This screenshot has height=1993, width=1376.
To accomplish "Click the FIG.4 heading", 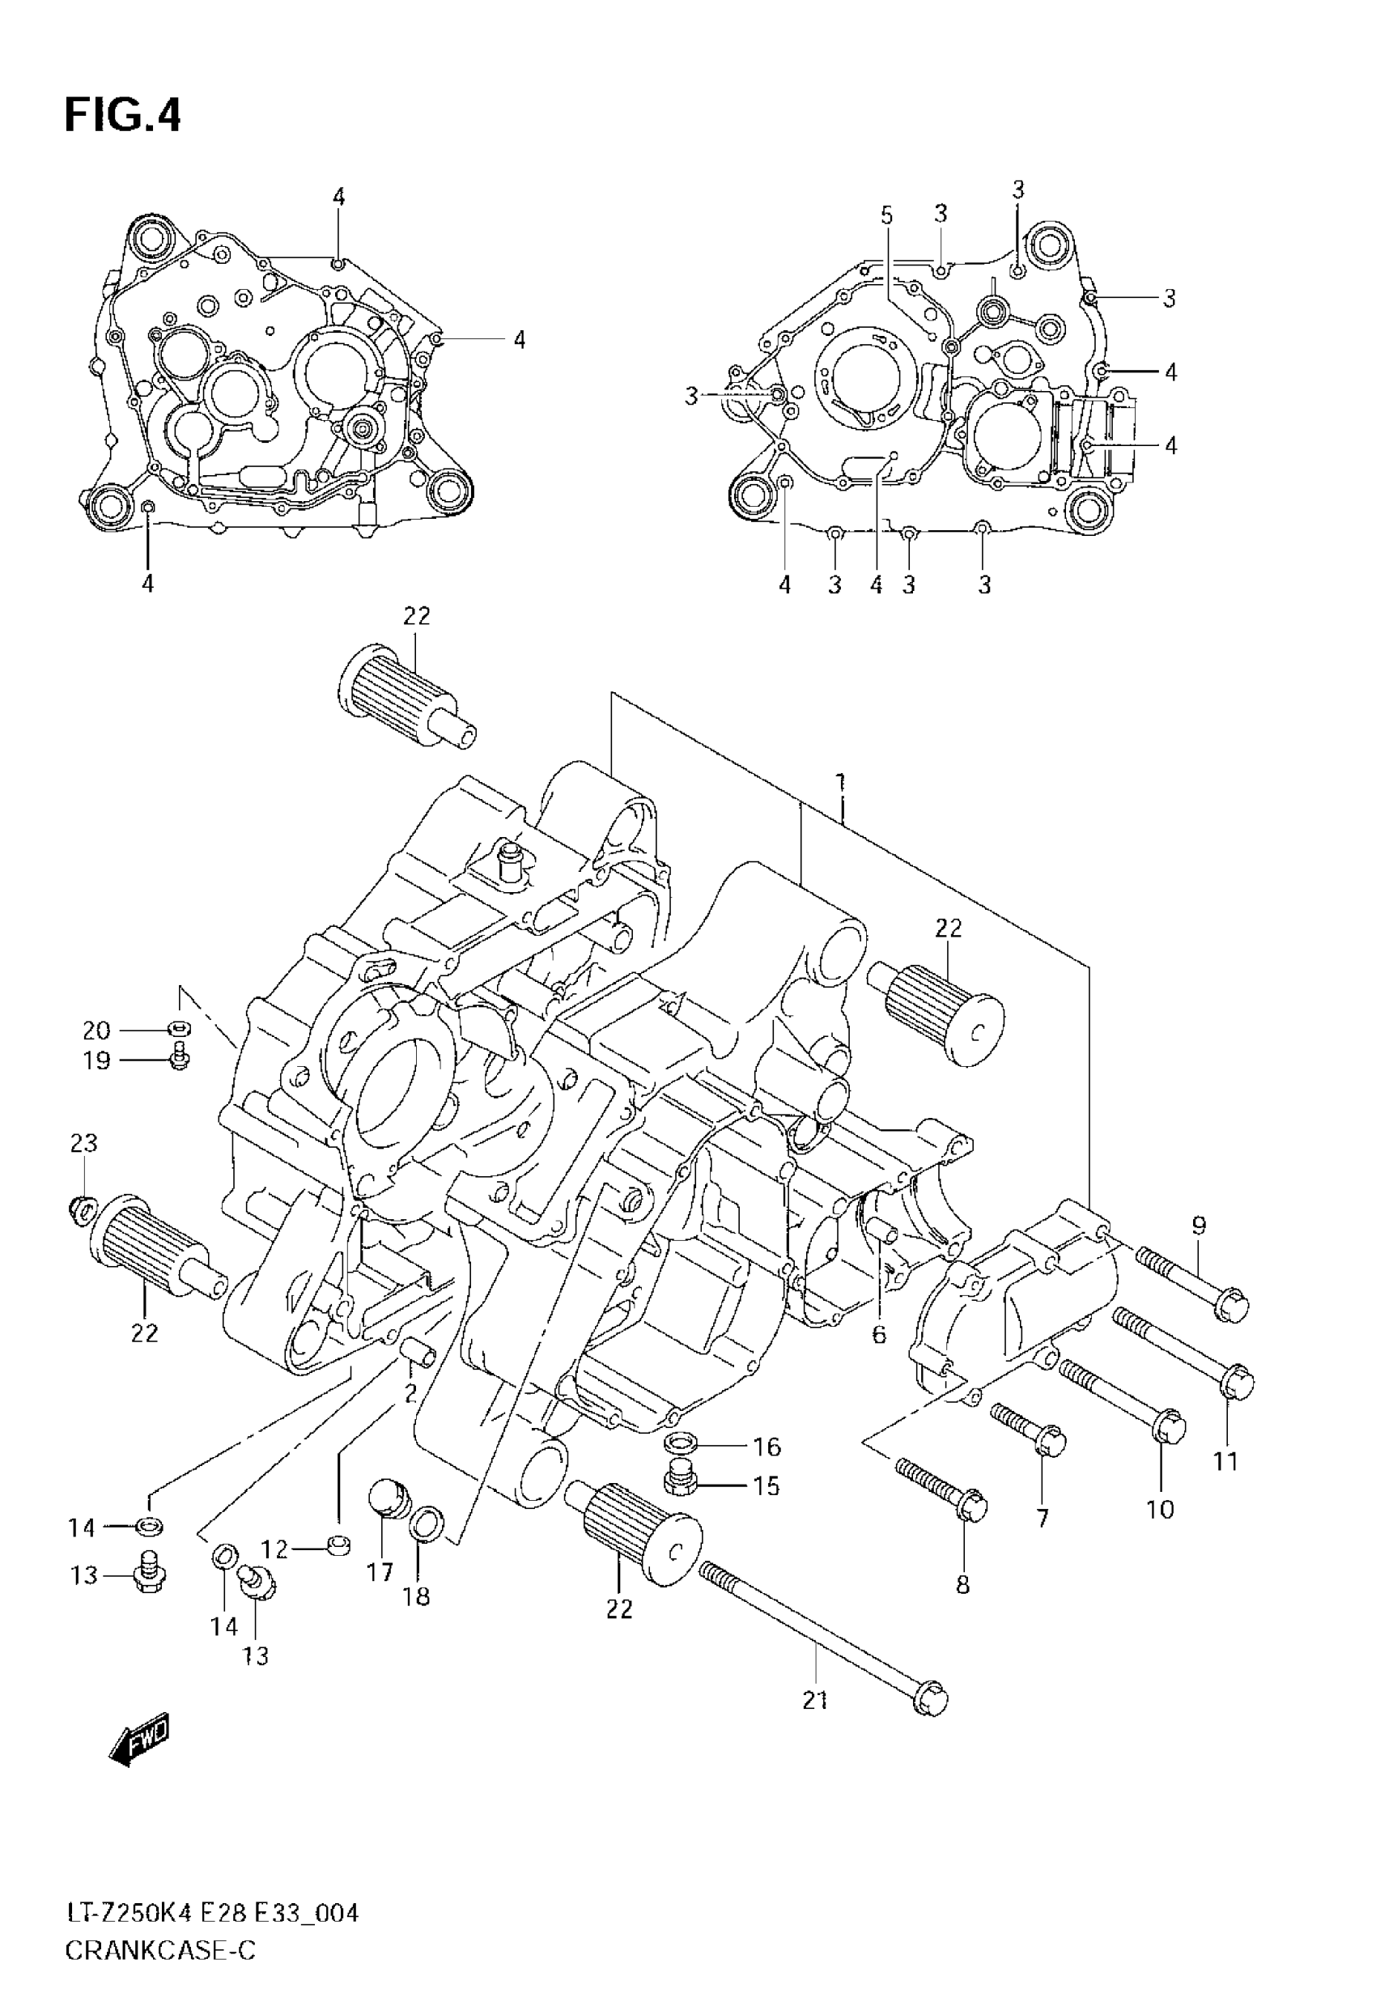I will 122,116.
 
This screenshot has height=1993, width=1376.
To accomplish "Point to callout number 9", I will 1199,1225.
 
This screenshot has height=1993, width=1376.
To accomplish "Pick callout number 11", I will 1225,1461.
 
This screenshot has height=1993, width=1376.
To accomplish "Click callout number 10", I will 1161,1509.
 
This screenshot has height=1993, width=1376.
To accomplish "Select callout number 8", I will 962,1583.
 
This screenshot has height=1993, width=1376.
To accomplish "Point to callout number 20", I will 96,1030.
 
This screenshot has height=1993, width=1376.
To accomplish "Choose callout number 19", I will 96,1060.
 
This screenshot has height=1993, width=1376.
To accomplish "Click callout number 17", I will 380,1572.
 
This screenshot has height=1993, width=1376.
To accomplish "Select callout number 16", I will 767,1446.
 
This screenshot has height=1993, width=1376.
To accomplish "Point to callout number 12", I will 274,1550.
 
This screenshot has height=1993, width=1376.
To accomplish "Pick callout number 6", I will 878,1334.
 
